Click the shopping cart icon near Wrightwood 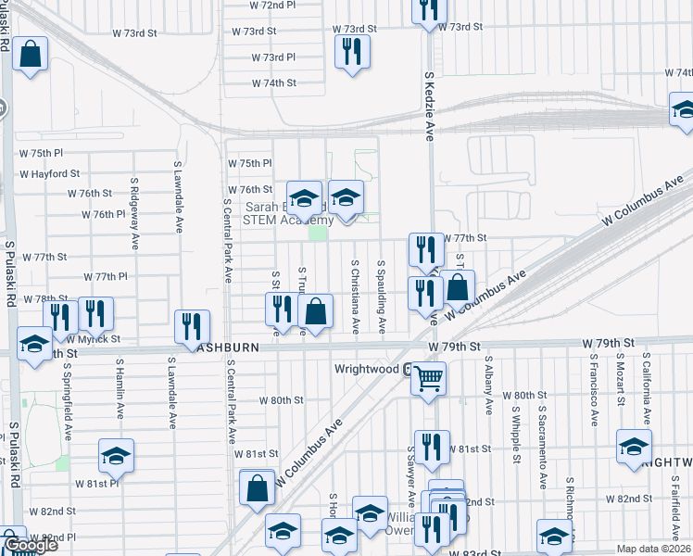click(x=428, y=377)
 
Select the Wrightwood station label click(x=367, y=368)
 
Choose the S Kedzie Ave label click(x=429, y=107)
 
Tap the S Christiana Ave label click(x=355, y=297)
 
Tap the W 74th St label click(x=274, y=82)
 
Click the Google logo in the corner click(x=31, y=546)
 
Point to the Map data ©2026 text click(x=653, y=549)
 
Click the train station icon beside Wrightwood click(x=407, y=369)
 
